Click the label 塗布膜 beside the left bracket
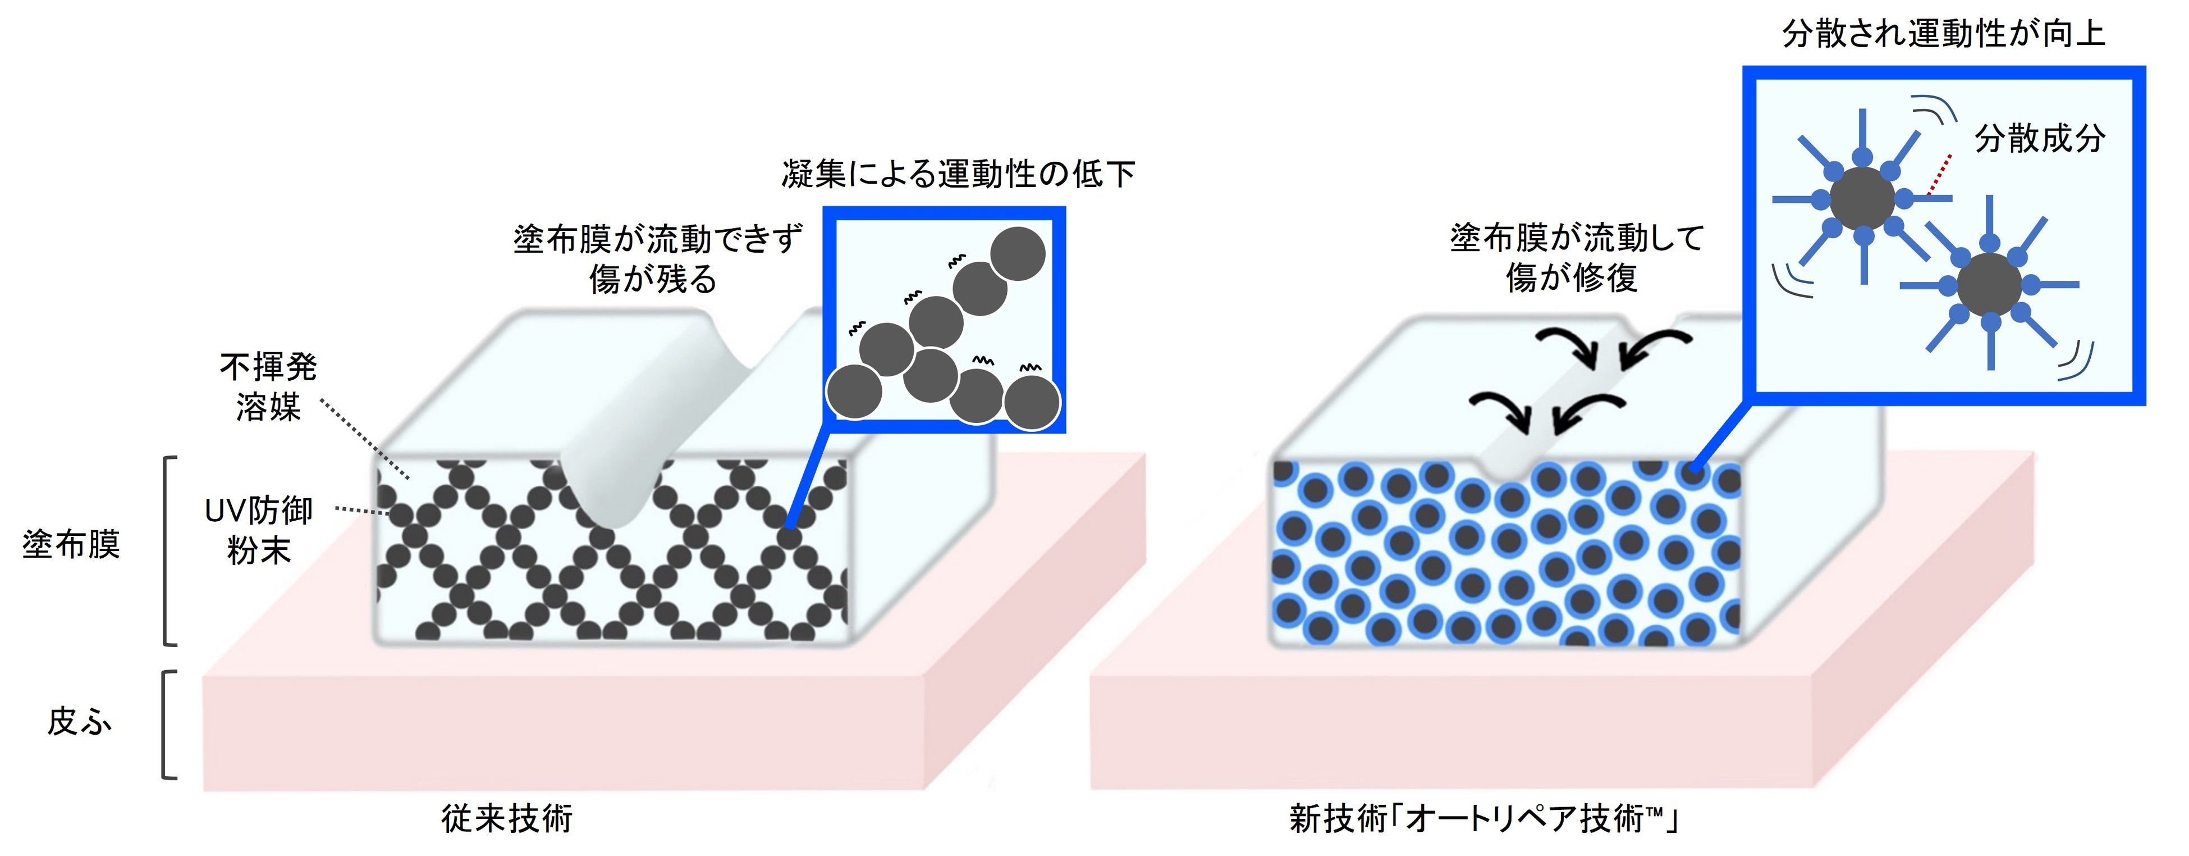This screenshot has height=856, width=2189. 71,544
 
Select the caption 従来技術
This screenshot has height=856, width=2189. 507,818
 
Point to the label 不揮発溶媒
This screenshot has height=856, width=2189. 268,387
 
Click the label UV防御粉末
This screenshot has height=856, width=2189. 259,530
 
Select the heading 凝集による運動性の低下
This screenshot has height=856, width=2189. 958,174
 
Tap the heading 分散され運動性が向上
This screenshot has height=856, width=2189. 1943,34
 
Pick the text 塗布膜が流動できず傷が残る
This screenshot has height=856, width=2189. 657,258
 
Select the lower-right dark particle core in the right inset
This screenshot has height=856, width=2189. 1989,284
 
